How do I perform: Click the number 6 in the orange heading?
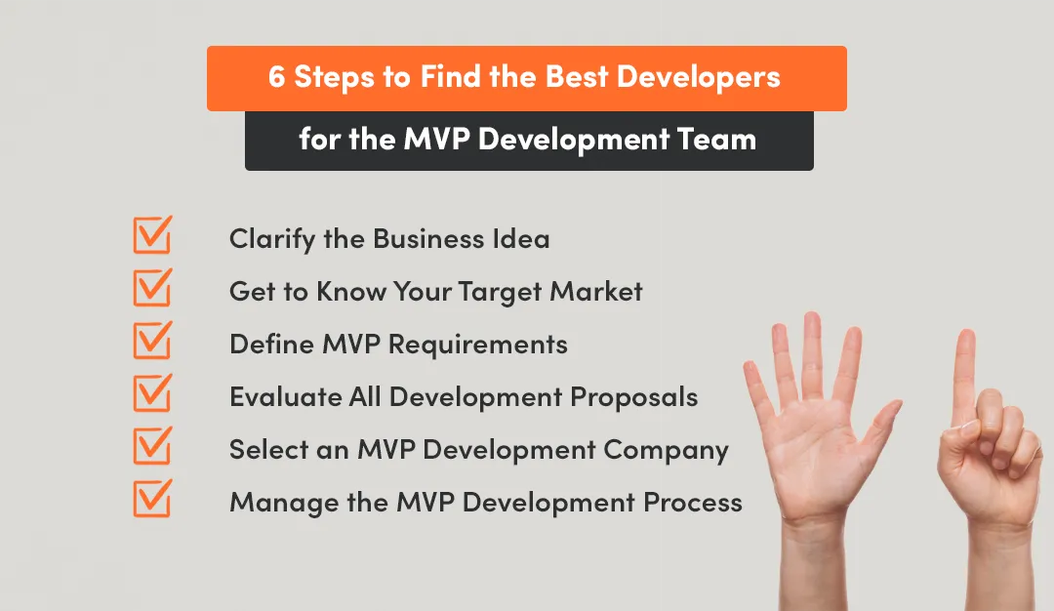point(277,78)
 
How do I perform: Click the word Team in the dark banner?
point(721,140)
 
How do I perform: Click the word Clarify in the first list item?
point(263,239)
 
